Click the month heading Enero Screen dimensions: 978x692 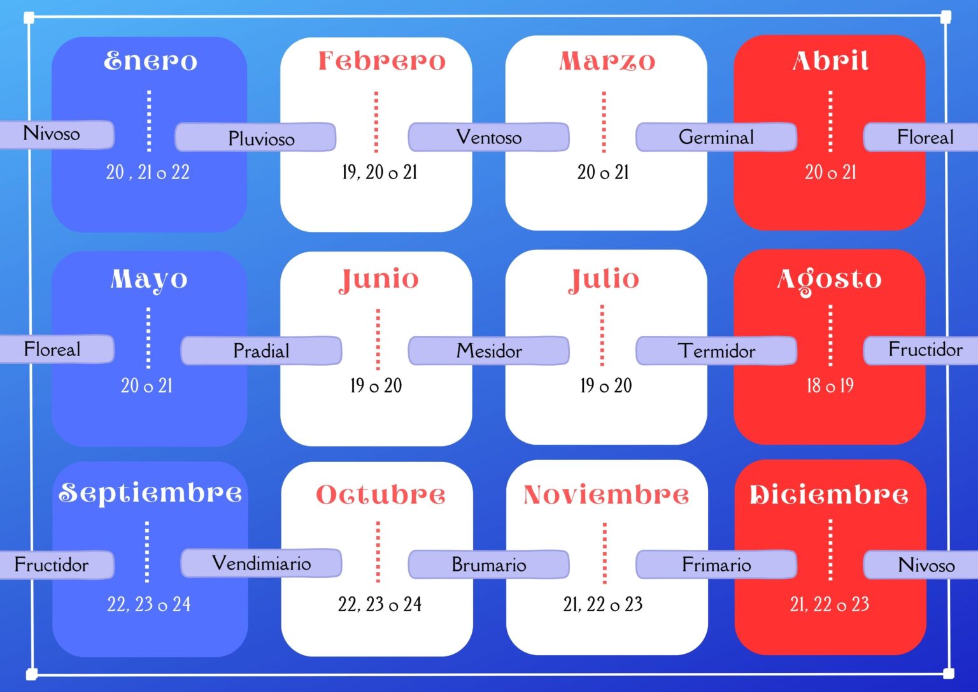pyautogui.click(x=151, y=61)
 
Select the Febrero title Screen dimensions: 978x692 pyautogui.click(x=382, y=61)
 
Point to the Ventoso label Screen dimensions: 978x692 pyautogui.click(x=488, y=137)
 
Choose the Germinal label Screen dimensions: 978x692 pyautogui.click(x=716, y=137)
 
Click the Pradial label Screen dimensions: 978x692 pyautogui.click(x=261, y=350)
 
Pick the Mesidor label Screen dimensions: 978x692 pyautogui.click(x=488, y=350)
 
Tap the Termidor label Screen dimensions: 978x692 pyautogui.click(x=716, y=350)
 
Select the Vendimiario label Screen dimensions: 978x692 pyautogui.click(x=261, y=563)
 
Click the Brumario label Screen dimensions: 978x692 pyautogui.click(x=488, y=565)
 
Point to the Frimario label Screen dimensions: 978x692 pyautogui.click(x=716, y=565)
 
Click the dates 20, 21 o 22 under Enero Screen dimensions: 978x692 pyautogui.click(x=148, y=172)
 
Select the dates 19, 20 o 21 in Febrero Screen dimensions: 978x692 pyautogui.click(x=379, y=172)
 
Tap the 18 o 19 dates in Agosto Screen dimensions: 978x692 pyautogui.click(x=830, y=386)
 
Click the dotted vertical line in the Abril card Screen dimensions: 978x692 pyautogui.click(x=830, y=121)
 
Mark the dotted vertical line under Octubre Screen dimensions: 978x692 pyautogui.click(x=378, y=552)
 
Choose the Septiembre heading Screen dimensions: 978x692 pyautogui.click(x=150, y=493)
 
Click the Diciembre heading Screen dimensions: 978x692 pyautogui.click(x=829, y=494)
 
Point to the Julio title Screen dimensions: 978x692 pyautogui.click(x=604, y=280)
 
